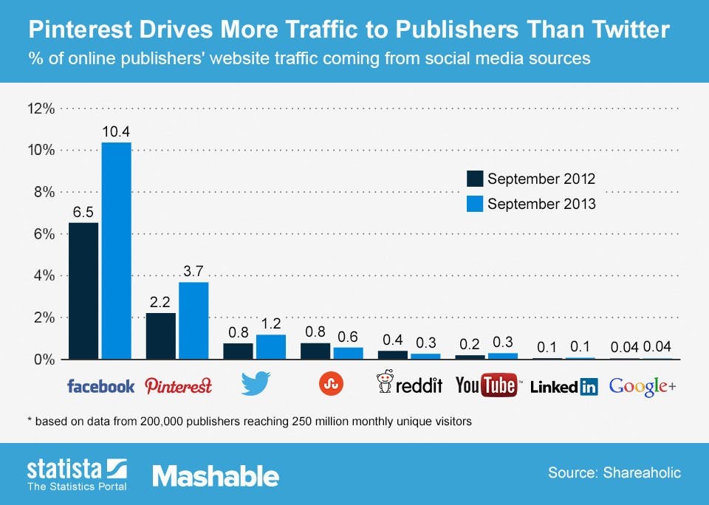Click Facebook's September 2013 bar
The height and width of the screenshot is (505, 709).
coord(116,251)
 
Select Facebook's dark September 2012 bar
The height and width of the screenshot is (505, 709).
coord(83,291)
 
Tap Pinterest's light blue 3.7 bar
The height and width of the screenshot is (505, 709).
coord(193,320)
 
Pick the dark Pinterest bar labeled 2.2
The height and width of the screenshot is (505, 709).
coord(160,336)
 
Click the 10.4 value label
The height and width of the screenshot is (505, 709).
coord(116,131)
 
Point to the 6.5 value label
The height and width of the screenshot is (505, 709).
coord(83,211)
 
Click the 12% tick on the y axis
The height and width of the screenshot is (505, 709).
coord(41,109)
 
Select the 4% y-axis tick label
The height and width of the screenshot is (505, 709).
coord(43,275)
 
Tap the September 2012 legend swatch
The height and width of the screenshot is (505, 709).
coord(474,179)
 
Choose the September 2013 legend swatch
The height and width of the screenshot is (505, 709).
coord(474,204)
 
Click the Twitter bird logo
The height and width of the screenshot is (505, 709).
coord(256,384)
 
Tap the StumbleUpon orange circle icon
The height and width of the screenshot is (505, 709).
coord(330,383)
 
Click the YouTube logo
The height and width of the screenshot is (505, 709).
coord(487,385)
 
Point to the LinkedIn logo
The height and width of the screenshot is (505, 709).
coord(564,385)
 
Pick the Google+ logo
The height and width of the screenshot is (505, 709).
coord(642,385)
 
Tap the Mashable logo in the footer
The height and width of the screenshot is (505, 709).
coord(216,476)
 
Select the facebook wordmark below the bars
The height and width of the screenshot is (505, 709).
coord(100,385)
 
